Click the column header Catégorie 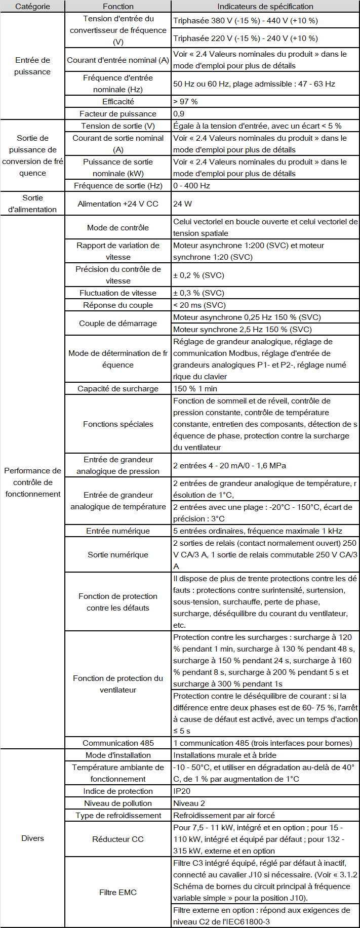click(x=32, y=7)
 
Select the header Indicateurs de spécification click(x=265, y=7)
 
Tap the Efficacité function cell click(x=118, y=102)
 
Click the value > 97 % click(x=186, y=102)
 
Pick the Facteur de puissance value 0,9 click(x=179, y=114)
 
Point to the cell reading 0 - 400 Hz click(x=192, y=186)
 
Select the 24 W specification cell click(x=182, y=204)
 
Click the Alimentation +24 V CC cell click(x=118, y=204)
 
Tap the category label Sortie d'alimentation click(x=32, y=204)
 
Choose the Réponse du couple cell click(x=118, y=305)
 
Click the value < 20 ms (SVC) click(x=199, y=305)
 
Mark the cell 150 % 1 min click(x=195, y=389)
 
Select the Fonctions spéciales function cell click(x=118, y=424)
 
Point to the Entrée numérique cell click(x=118, y=531)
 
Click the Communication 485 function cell click(x=118, y=743)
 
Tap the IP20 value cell click(x=182, y=791)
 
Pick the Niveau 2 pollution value click(x=189, y=803)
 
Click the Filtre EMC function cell click(x=118, y=893)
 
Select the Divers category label click(x=32, y=838)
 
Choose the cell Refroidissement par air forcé click(x=224, y=816)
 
